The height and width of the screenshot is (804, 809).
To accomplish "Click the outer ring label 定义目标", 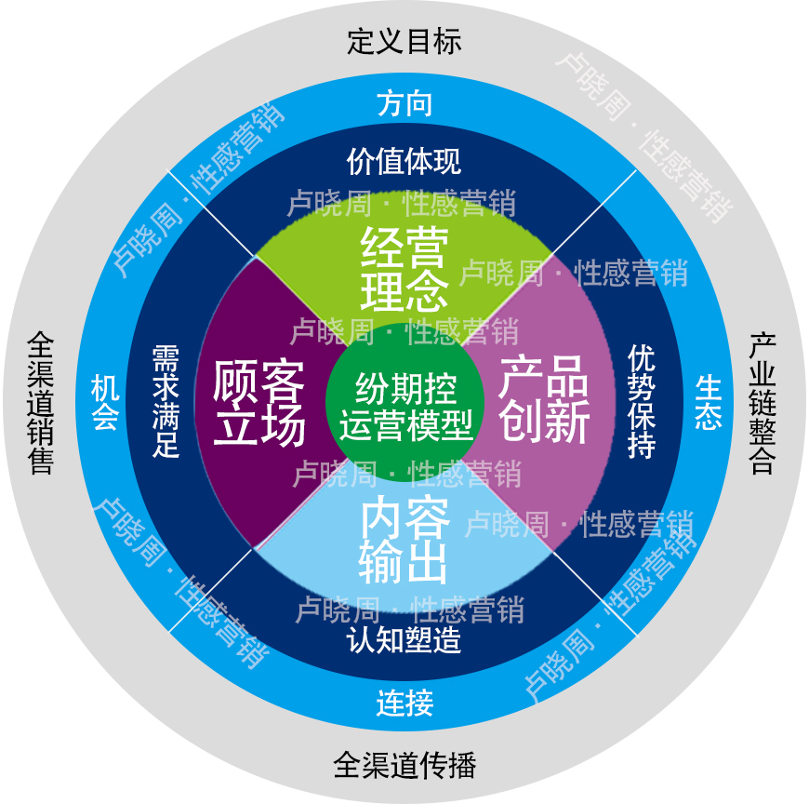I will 404,42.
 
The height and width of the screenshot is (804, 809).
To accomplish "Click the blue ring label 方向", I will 404,103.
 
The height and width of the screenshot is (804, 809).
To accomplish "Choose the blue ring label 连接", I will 404,703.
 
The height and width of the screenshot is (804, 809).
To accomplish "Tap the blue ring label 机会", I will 104,403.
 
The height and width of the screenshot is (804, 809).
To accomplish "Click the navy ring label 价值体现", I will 404,161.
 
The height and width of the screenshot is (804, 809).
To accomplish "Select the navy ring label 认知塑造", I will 404,641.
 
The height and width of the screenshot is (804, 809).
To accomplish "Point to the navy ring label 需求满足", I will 166,402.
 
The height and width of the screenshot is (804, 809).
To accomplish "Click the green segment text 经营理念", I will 404,270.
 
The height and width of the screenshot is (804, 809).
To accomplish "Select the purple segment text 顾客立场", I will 259,403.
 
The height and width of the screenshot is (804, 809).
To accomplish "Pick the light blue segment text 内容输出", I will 404,541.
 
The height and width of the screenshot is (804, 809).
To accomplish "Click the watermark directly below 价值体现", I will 401,202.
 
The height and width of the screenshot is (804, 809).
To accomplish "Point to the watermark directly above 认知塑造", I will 409,610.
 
